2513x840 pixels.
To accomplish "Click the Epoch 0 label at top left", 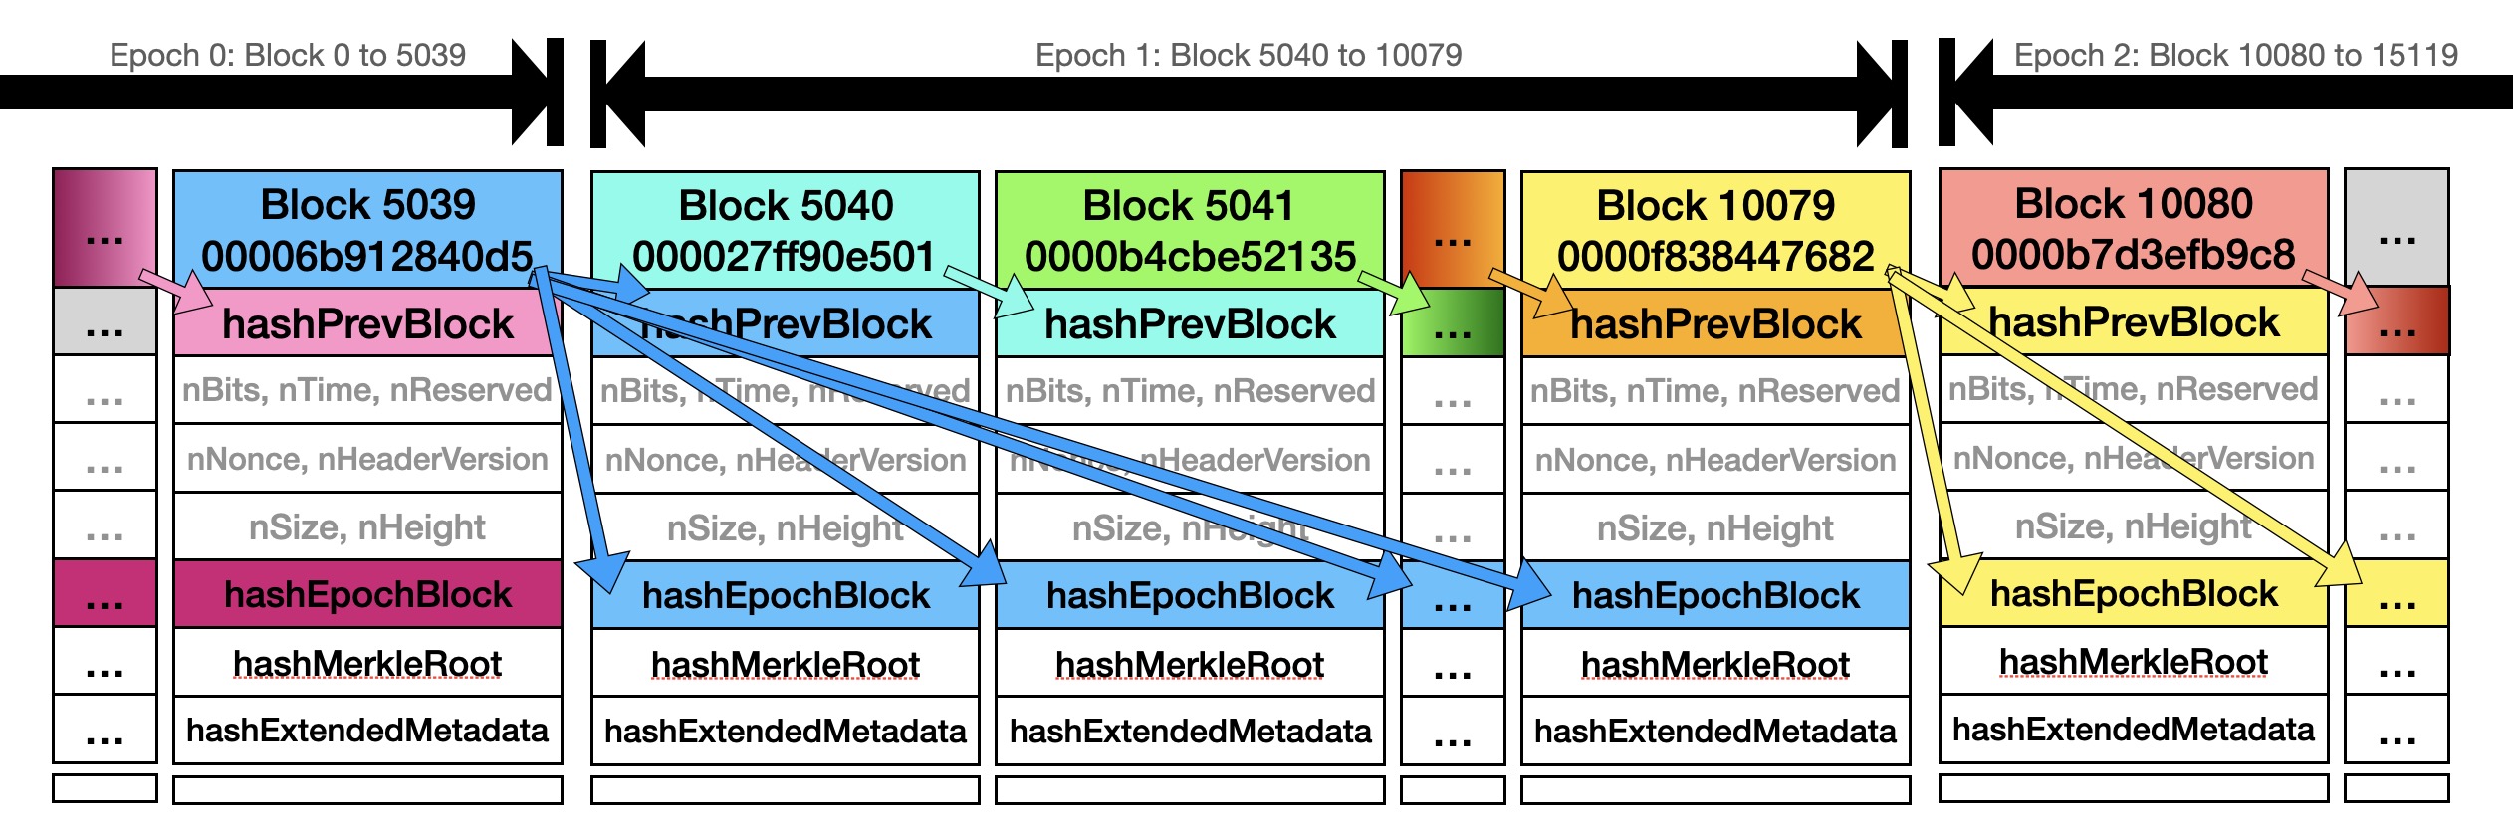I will tap(288, 55).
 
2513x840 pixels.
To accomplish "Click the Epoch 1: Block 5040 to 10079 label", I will tap(1249, 55).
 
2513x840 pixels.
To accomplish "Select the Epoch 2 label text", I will tap(2235, 55).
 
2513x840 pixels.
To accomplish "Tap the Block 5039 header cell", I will tap(367, 206).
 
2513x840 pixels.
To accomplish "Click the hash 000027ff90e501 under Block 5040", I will tap(784, 257).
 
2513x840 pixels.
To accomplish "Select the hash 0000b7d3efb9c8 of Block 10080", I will tap(2133, 255).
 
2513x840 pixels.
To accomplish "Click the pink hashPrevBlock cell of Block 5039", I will tap(367, 324).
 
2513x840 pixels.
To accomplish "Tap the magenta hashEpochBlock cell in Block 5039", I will tap(367, 595).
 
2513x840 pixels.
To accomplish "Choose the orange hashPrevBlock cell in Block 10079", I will tap(1715, 324).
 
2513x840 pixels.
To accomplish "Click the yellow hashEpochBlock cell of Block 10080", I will tap(2133, 594).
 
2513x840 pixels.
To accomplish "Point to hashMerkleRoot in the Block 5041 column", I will tap(1189, 664).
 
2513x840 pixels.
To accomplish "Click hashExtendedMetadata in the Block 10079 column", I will tap(1715, 732).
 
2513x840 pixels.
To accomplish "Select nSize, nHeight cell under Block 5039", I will tap(367, 527).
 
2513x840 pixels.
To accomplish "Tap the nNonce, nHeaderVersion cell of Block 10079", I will tap(1715, 460).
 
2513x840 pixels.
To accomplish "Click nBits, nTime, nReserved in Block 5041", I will tap(1189, 391).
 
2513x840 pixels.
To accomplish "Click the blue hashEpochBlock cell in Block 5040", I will tap(786, 596).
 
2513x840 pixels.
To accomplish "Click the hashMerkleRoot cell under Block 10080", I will tap(2133, 662).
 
